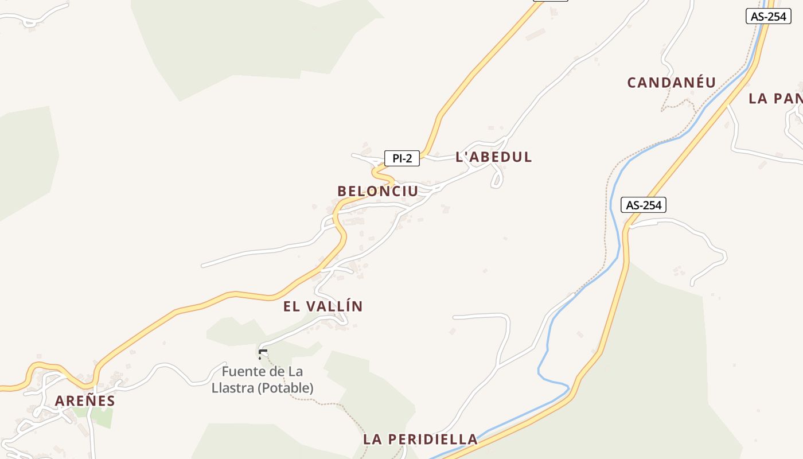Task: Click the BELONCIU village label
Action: coord(378,191)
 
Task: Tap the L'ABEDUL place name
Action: coord(494,157)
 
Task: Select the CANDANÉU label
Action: coord(672,83)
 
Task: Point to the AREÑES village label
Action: coord(85,400)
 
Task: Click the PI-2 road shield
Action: coord(402,158)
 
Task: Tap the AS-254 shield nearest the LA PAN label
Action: coord(768,16)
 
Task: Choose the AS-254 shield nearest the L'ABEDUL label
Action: coord(643,205)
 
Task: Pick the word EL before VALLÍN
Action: coord(291,306)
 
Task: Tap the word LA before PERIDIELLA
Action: coord(373,439)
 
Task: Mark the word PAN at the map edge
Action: coord(789,98)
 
